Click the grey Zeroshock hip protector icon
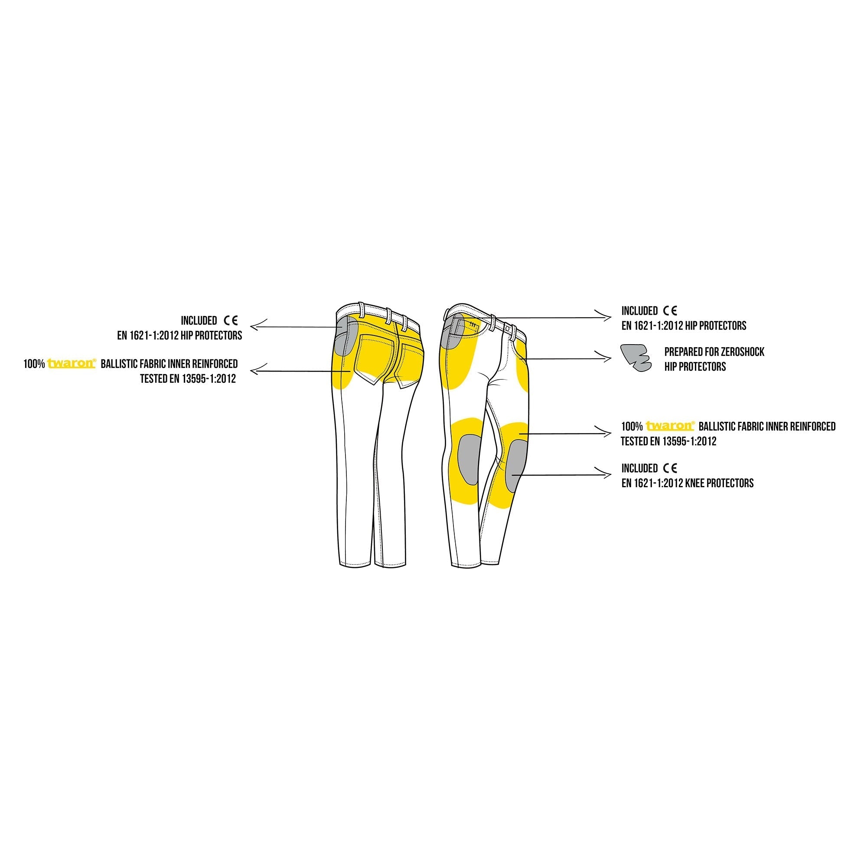coord(635,357)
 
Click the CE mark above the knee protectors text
coord(670,469)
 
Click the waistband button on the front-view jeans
coord(507,329)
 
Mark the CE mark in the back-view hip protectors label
coord(231,320)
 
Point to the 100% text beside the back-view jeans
coord(34,364)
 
